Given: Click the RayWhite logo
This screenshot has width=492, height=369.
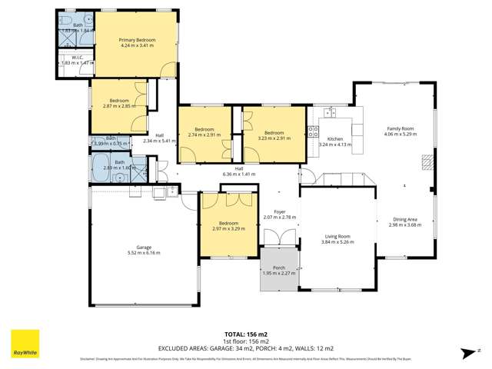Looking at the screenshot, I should pos(25,344).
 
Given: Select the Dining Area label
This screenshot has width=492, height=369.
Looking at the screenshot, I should pos(404,219).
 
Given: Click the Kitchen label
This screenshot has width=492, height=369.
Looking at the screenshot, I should pos(334,138).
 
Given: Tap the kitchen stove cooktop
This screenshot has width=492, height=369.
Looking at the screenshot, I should pos(314,131).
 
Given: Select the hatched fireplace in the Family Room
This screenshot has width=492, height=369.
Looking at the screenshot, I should pos(425,162).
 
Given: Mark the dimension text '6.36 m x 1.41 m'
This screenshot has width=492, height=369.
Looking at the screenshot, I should pos(238,174).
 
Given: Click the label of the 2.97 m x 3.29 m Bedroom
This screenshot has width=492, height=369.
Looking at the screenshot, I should pos(228,224).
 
